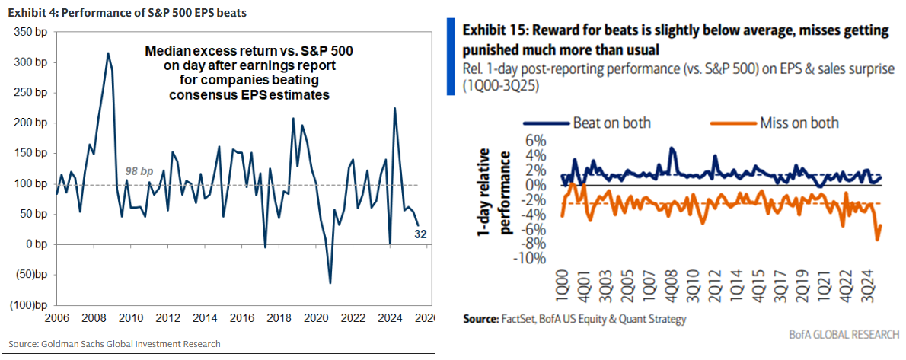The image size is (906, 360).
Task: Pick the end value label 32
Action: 420,234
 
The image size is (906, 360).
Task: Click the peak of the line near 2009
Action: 108,53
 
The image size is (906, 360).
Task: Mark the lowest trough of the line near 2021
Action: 330,283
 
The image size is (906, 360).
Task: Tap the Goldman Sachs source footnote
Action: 115,344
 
